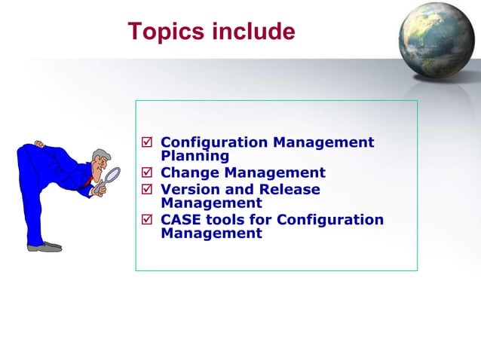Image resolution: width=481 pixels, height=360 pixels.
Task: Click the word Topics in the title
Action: click(x=164, y=32)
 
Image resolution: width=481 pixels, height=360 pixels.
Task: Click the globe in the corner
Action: click(x=438, y=38)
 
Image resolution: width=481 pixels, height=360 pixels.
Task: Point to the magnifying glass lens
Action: click(x=112, y=175)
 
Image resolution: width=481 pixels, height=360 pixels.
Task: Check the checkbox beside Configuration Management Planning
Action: click(x=147, y=142)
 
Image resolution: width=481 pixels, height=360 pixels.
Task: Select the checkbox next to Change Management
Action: click(x=147, y=173)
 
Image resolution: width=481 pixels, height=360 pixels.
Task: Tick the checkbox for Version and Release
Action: click(x=147, y=190)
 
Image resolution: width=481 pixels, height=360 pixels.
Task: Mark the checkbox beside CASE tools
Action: click(x=147, y=220)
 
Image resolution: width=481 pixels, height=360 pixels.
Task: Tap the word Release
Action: click(x=290, y=189)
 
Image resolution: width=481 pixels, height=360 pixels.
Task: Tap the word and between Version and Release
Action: click(x=241, y=189)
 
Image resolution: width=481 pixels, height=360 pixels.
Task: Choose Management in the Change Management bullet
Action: click(x=277, y=173)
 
